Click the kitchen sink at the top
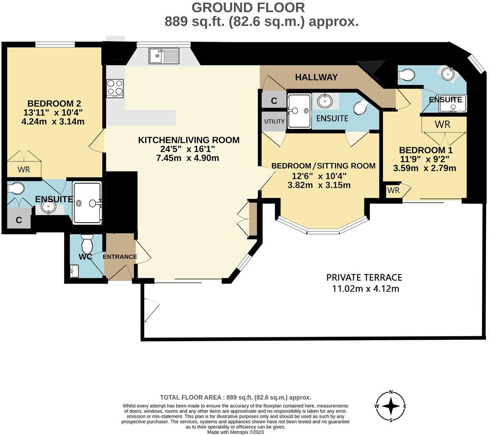point(164,56)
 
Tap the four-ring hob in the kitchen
point(115,88)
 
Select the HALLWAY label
point(316,77)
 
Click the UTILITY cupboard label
point(274,121)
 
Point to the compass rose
point(391,406)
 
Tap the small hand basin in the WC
point(75,271)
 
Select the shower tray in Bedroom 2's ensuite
point(87,203)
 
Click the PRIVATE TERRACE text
point(364,277)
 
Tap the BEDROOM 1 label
point(425,150)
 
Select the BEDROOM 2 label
point(54,104)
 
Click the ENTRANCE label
point(120,257)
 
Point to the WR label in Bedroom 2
point(24,170)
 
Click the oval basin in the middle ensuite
point(325,101)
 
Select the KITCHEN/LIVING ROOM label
point(188,140)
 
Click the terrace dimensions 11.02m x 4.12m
point(365,289)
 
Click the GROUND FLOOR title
point(248,7)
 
